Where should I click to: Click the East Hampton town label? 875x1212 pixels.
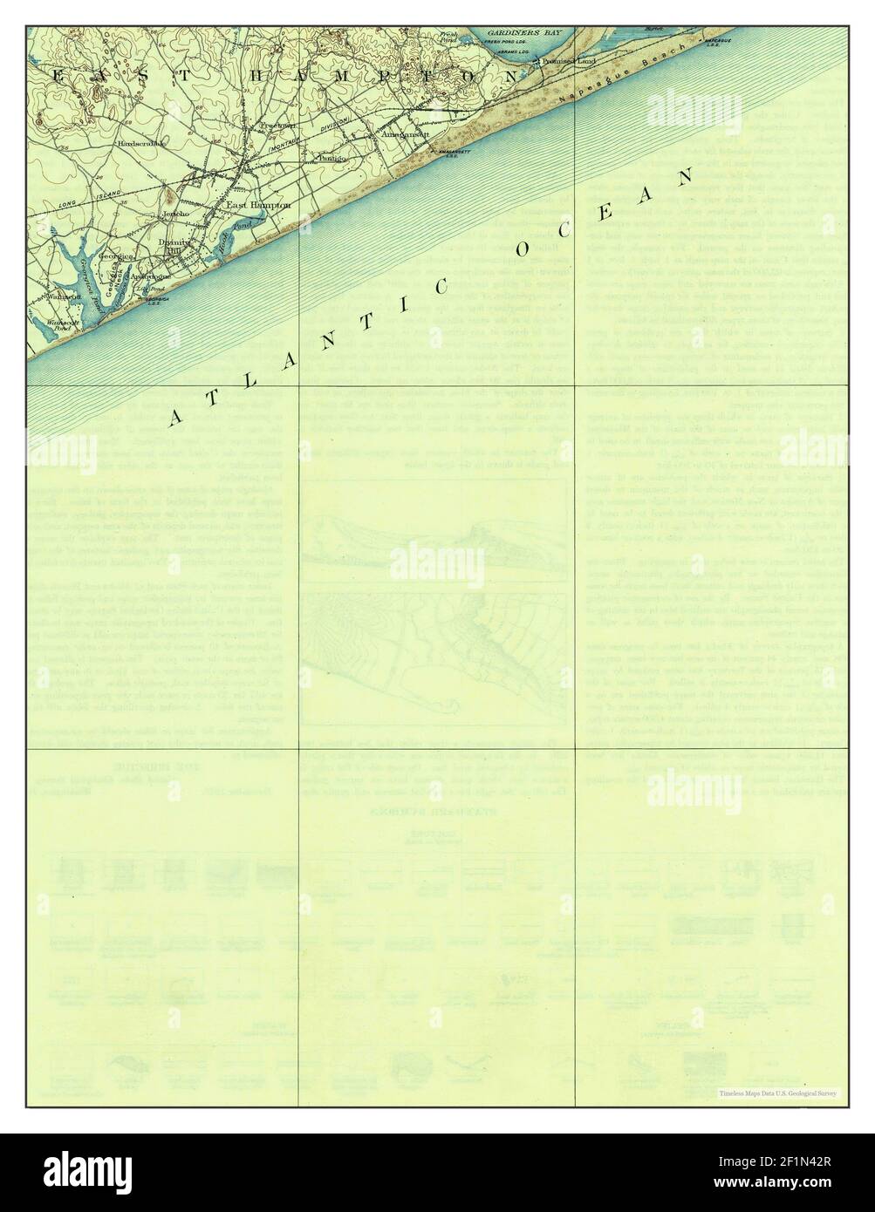tap(246, 205)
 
